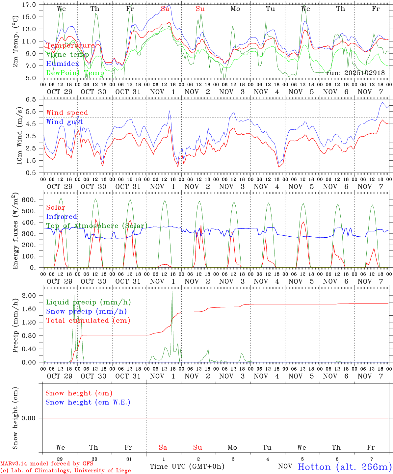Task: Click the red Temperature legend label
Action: pyautogui.click(x=70, y=45)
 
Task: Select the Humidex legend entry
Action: pyautogui.click(x=63, y=64)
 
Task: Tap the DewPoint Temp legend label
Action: pyautogui.click(x=75, y=73)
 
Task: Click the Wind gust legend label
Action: pyautogui.click(x=65, y=122)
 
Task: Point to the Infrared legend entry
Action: pyautogui.click(x=62, y=217)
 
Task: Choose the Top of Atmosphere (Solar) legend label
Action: pyautogui.click(x=97, y=226)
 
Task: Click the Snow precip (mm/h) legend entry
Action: pyautogui.click(x=86, y=311)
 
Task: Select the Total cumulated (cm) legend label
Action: pyautogui.click(x=88, y=320)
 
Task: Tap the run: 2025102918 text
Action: pyautogui.click(x=355, y=73)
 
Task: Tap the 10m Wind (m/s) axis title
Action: pyautogui.click(x=19, y=136)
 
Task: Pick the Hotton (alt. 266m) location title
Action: pyautogui.click(x=345, y=467)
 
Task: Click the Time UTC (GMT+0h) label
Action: pyautogui.click(x=187, y=466)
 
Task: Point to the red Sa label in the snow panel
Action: pyautogui.click(x=163, y=447)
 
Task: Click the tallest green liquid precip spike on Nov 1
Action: pyautogui.click(x=172, y=292)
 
